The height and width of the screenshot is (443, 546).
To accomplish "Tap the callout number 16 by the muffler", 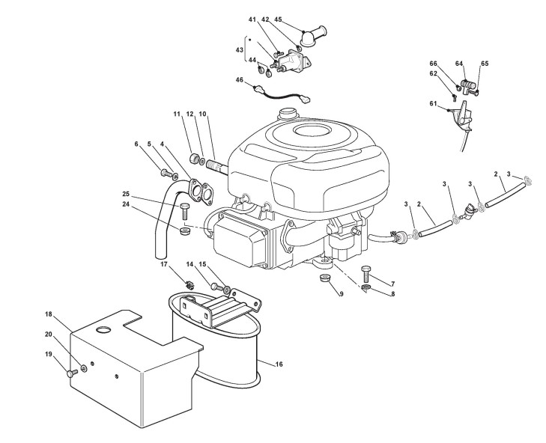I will tap(279, 364).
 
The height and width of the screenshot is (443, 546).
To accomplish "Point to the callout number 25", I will tap(127, 195).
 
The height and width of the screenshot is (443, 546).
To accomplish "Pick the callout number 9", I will tap(341, 294).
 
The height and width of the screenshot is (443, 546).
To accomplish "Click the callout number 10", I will tap(203, 114).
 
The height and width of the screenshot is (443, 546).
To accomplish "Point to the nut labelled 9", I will tap(325, 279).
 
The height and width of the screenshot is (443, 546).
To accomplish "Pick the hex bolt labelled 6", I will tap(165, 174).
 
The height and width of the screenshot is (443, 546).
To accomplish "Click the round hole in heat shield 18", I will tap(104, 329).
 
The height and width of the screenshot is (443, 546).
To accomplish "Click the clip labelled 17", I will tap(189, 284).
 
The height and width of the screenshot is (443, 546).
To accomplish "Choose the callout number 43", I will tap(240, 49).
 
